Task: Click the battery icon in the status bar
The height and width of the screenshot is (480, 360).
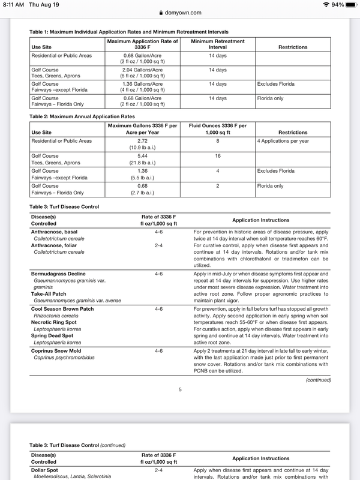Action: coord(349,4)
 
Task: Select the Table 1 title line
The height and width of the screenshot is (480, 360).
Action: coord(128,31)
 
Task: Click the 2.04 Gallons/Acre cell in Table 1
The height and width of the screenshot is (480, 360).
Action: coord(142,70)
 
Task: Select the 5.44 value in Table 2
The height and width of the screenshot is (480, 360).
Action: coord(142,155)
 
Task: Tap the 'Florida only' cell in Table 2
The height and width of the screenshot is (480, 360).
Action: coord(270,186)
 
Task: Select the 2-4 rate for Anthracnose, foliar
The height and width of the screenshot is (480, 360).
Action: coord(158,245)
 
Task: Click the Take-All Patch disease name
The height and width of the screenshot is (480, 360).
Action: coord(50,293)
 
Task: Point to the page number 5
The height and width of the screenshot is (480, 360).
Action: coord(180,390)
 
